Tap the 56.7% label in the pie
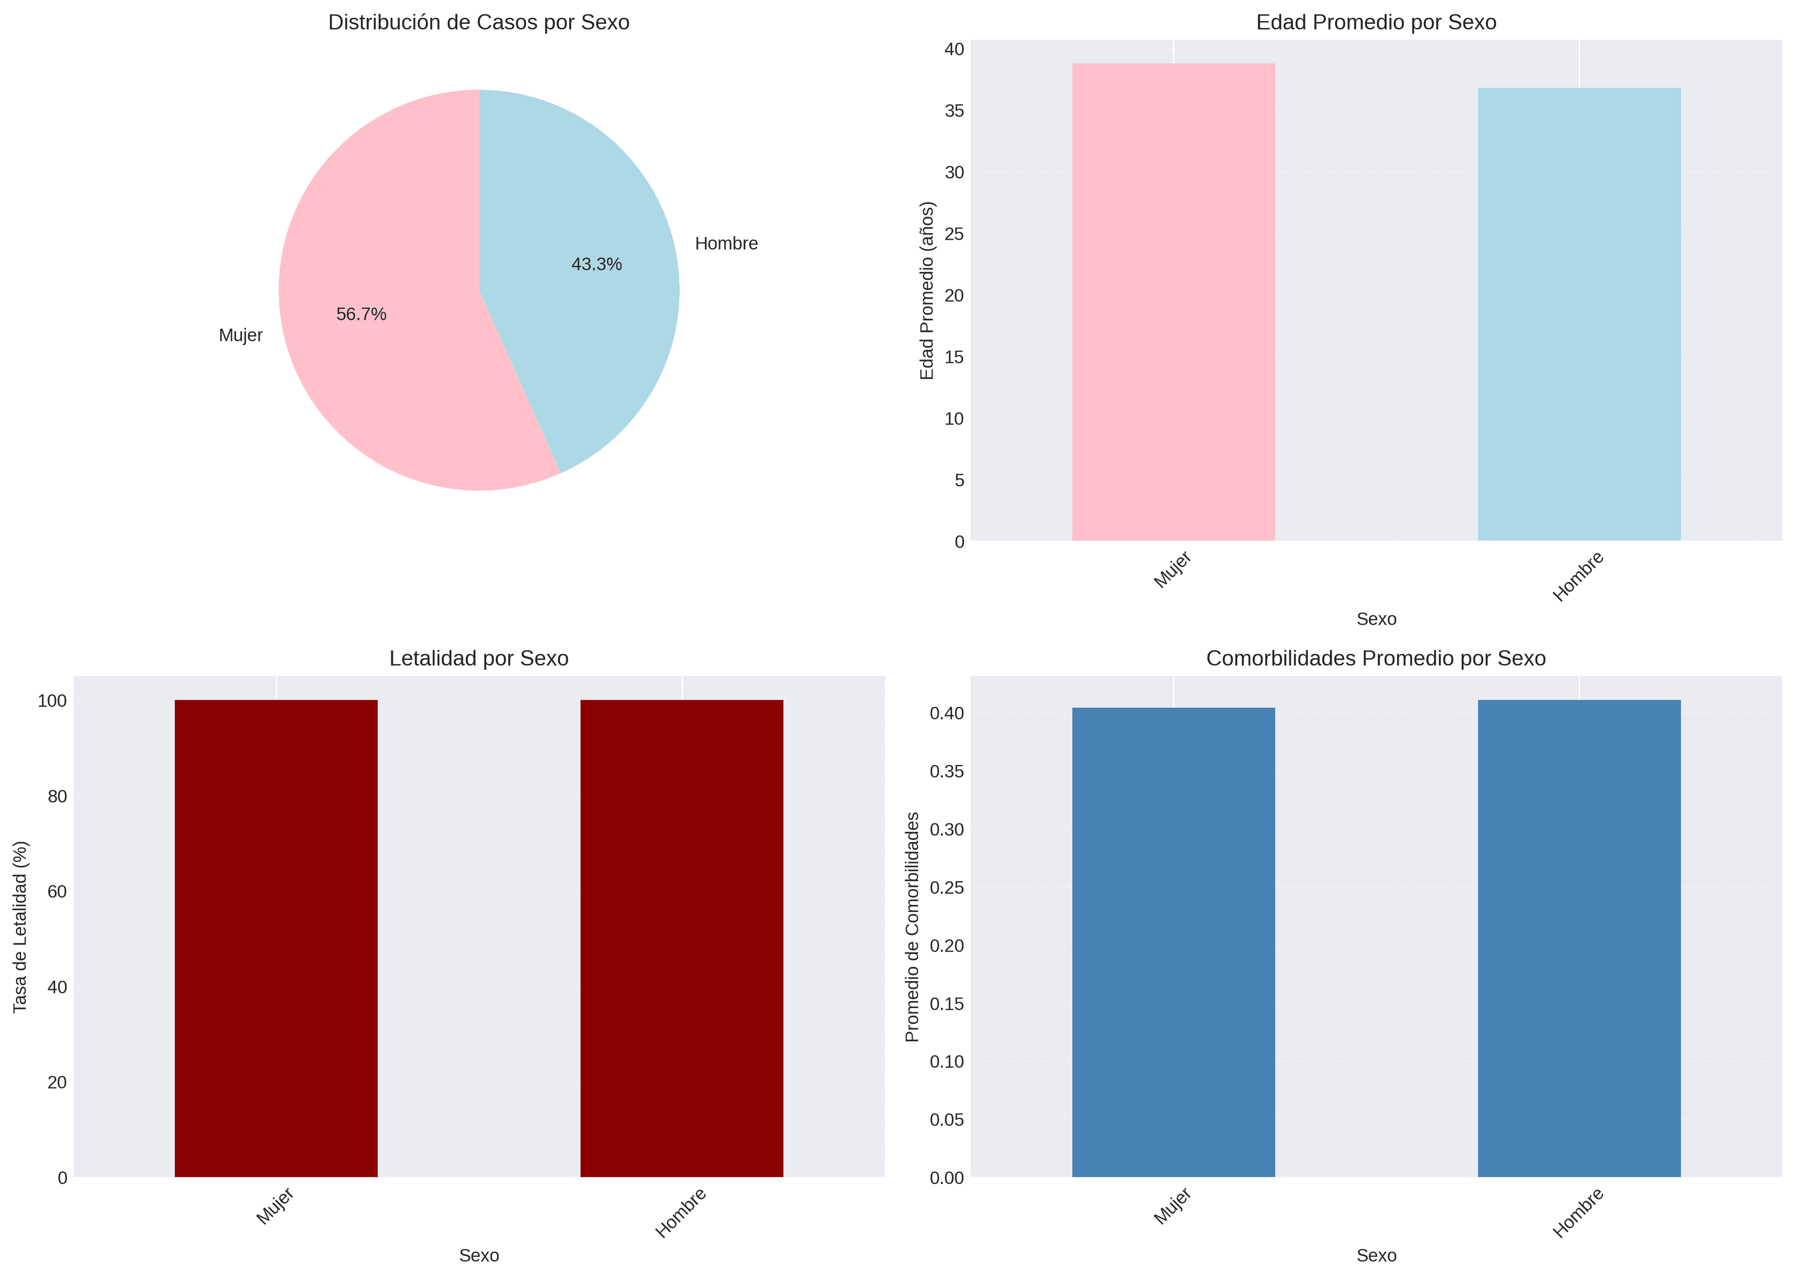[361, 315]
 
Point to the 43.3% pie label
[596, 265]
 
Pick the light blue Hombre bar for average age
[1579, 315]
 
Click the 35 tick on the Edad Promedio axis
[954, 111]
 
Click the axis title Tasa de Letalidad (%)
[21, 926]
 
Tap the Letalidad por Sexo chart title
[479, 659]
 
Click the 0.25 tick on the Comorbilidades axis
[947, 888]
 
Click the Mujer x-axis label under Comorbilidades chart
[1172, 1206]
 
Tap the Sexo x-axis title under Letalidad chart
[479, 1255]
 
